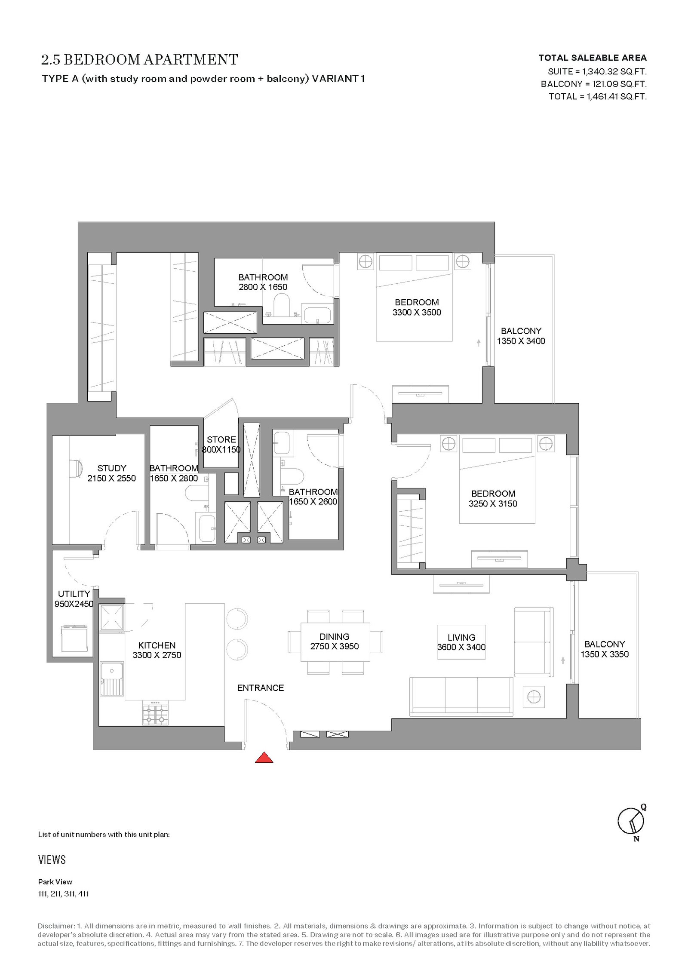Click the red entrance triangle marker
(264, 758)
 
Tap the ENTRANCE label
(261, 688)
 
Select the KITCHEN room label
(157, 645)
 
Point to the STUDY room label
(112, 468)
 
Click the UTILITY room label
(74, 594)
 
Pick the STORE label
(221, 439)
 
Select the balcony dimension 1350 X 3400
(521, 341)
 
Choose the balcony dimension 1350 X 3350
(605, 654)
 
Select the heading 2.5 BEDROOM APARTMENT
(140, 59)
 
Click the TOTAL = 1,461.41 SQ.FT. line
(598, 96)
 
